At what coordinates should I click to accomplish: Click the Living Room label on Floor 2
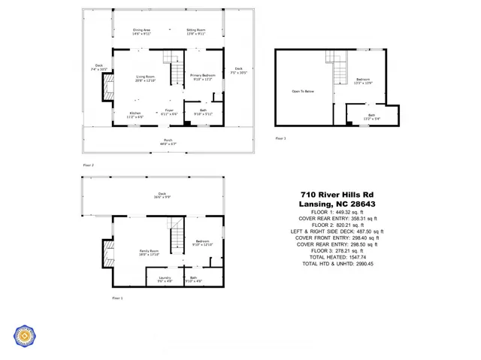[x=145, y=78]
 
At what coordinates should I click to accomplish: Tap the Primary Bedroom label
[x=203, y=76]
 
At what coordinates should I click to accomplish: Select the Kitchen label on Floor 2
[x=135, y=115]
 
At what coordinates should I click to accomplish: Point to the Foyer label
[x=170, y=111]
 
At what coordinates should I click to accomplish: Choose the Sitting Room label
[x=195, y=32]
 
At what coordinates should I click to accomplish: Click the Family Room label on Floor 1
[x=149, y=253]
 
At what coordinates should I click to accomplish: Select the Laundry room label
[x=165, y=280]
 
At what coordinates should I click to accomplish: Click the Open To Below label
[x=302, y=92]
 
